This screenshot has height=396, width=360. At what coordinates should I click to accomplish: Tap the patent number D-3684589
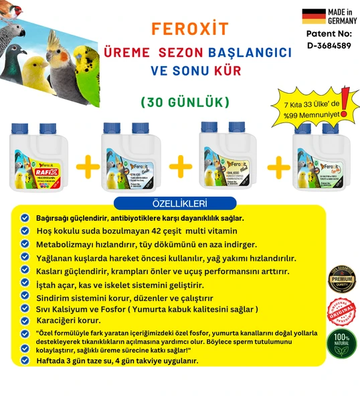coord(329,45)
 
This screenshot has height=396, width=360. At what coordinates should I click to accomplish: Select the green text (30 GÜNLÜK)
coord(185,102)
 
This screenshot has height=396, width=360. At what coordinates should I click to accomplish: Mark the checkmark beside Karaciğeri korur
coord(25,320)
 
